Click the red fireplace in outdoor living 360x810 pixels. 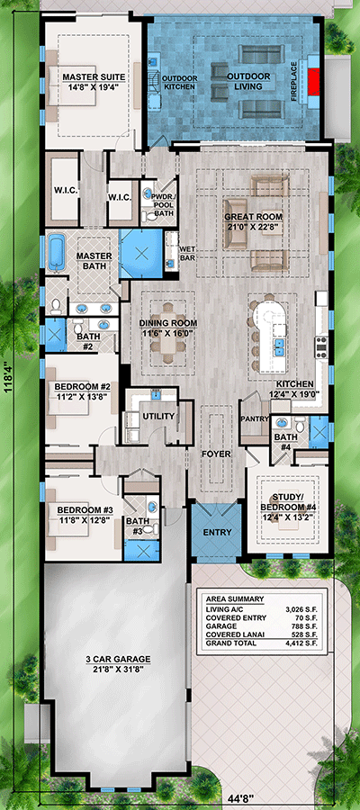(313, 81)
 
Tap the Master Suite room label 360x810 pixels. (94, 77)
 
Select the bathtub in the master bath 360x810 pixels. (55, 252)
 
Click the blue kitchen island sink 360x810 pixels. (278, 346)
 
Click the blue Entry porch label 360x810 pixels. (217, 532)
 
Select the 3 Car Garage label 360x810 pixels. (119, 659)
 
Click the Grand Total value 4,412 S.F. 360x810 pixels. (303, 643)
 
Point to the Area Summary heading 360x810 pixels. (235, 599)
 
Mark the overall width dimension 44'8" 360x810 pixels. (240, 801)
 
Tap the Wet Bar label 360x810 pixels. (187, 253)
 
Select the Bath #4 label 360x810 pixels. (284, 441)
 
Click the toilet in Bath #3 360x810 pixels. (148, 529)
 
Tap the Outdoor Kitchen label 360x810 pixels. (179, 83)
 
